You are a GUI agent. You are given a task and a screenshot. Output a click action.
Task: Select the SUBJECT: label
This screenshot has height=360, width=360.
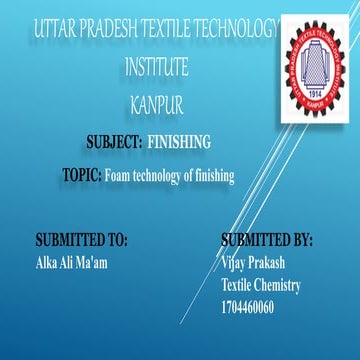[x=107, y=143]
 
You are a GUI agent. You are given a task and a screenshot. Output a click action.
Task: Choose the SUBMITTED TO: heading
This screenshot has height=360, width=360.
[x=81, y=241]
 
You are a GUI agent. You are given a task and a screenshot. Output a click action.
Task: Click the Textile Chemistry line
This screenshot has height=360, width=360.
[x=261, y=285]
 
